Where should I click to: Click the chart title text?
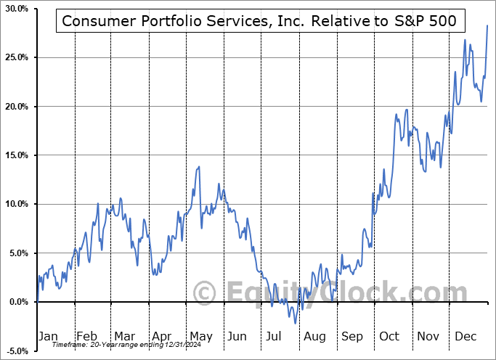point(259,21)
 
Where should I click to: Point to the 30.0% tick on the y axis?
point(16,9)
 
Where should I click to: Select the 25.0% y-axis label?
point(16,57)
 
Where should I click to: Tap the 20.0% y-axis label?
point(16,107)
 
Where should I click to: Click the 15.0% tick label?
point(16,155)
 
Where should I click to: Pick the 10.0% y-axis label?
point(16,204)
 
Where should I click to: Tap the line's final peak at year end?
point(487,25)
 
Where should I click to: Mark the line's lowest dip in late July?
point(296,323)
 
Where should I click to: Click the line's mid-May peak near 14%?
point(199,167)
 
